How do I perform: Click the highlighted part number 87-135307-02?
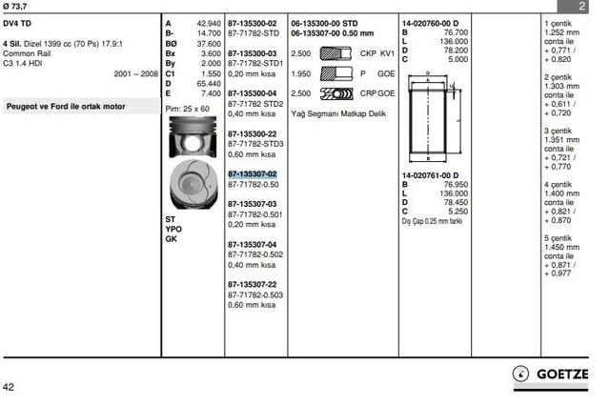click(x=252, y=174)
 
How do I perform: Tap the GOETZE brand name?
click(x=562, y=375)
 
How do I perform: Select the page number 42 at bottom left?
click(x=9, y=387)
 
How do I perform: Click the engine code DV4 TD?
click(x=17, y=23)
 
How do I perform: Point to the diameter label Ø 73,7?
click(x=15, y=6)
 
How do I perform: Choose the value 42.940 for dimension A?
click(x=209, y=24)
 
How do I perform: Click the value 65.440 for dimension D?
click(x=209, y=84)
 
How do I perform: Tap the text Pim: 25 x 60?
click(x=187, y=109)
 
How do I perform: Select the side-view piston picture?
click(x=193, y=137)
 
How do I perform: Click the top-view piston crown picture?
click(x=193, y=184)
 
